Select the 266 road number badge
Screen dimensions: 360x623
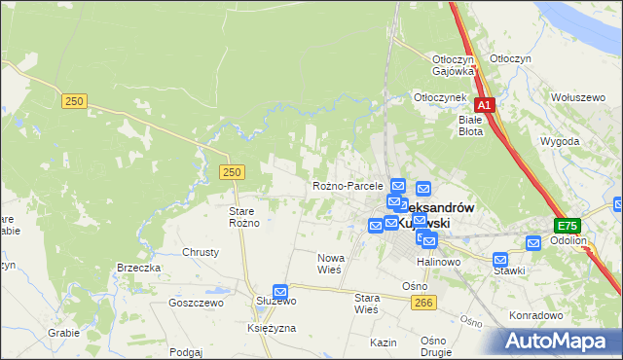[422, 304]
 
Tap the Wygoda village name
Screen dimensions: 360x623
[560, 141]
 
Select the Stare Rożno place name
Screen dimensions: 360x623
[243, 217]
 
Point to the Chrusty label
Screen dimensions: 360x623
[202, 251]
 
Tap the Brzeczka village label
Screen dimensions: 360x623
[138, 268]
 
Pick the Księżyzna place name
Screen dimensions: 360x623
[272, 329]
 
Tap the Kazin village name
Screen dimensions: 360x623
[384, 342]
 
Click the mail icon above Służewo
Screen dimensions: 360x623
[280, 290]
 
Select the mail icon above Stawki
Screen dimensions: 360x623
[500, 259]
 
